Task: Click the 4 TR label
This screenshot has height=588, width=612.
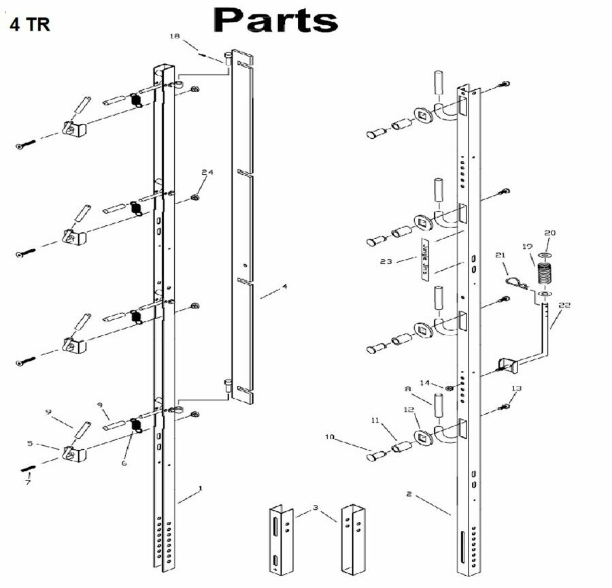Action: (x=29, y=24)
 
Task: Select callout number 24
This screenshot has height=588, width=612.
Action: (x=207, y=172)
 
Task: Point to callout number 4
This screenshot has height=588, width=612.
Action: (x=285, y=287)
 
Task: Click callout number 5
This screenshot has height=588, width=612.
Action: (x=29, y=443)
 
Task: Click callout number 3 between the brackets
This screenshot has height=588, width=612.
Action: (x=316, y=508)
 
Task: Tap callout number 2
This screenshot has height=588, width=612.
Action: (x=409, y=494)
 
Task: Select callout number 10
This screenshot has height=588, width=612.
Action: (x=330, y=436)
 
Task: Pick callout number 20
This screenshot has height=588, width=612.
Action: (x=550, y=233)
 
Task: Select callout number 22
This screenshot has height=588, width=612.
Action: (x=564, y=306)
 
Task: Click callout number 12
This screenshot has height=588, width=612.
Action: (x=408, y=410)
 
